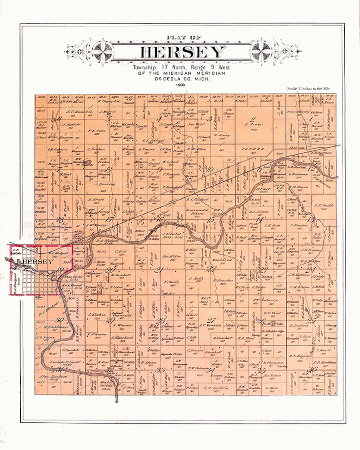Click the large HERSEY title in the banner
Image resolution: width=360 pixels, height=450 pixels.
pos(182,52)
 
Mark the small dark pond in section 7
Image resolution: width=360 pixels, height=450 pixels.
pos(87,163)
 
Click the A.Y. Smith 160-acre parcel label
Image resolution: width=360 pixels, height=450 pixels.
pos(323,206)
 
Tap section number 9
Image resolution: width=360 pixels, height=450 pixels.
pos(160,169)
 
